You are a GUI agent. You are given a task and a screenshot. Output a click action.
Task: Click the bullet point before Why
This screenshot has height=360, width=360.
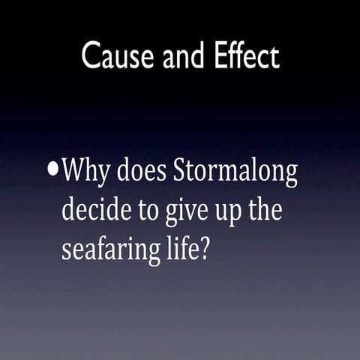(52, 169)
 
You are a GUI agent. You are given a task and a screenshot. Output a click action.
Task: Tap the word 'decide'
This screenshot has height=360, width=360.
(92, 211)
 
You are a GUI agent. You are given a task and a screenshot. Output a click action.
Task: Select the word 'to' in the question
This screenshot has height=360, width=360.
(141, 211)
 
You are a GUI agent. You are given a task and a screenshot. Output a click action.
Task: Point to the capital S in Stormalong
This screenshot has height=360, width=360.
(180, 172)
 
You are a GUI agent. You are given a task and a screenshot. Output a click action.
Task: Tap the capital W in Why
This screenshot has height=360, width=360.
(73, 172)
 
